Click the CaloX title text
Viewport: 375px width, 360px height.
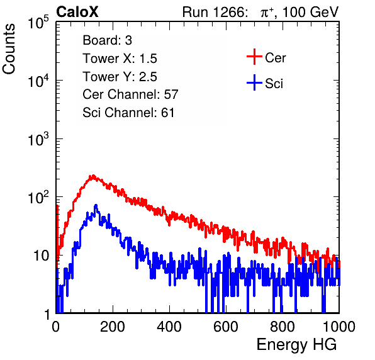pos(77,12)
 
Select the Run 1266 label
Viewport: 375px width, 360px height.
pos(214,12)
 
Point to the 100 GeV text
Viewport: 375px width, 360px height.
pos(310,12)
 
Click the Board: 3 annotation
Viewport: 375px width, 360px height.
pos(107,40)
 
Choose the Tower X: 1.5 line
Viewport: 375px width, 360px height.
pos(120,59)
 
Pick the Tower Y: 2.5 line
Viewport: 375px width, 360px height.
pos(120,77)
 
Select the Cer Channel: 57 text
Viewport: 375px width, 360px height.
pos(130,94)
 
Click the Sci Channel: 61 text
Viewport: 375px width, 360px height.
pos(128,113)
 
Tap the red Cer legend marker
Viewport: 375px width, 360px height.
pos(254,57)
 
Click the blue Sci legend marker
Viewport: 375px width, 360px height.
pos(254,82)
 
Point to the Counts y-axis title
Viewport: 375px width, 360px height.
pos(9,49)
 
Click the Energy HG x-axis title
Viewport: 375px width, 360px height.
pos(296,345)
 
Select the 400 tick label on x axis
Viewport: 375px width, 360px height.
pos(169,327)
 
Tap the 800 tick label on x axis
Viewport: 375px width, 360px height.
pos(283,327)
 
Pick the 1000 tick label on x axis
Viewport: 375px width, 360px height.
pos(339,327)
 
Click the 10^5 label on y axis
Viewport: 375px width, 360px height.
pos(38,23)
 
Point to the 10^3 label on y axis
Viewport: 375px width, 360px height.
pos(38,139)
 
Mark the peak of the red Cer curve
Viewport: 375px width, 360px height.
pos(93,176)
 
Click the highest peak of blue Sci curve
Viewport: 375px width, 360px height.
pos(96,205)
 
